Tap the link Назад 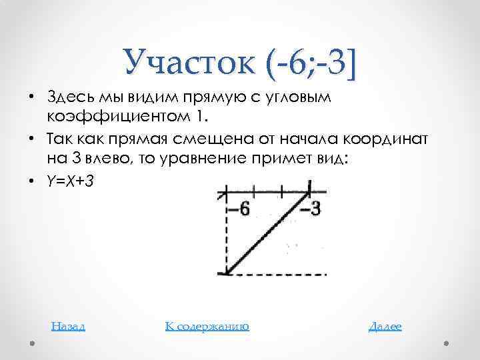pyautogui.click(x=68, y=326)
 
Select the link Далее pyautogui.click(x=385, y=326)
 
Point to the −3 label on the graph pyautogui.click(x=310, y=209)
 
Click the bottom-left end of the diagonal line pyautogui.click(x=228, y=272)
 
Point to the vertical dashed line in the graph pyautogui.click(x=225, y=233)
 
